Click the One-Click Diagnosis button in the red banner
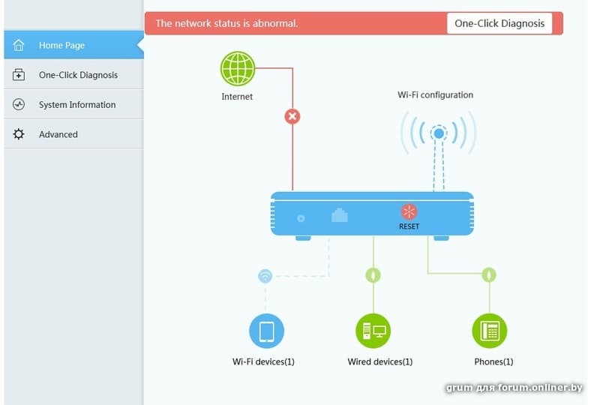499,23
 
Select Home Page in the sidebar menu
61,45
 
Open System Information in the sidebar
76,105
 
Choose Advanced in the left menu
58,134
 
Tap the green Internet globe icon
238,69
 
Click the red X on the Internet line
292,116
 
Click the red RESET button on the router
409,212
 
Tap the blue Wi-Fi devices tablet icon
266,331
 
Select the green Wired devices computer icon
373,331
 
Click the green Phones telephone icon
490,331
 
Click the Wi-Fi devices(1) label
263,362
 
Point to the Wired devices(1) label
379,362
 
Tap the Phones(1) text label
493,362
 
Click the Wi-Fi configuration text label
435,95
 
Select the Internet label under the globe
237,97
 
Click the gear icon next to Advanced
19,134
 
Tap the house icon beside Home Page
19,45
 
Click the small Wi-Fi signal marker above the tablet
265,276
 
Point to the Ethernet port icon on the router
340,214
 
